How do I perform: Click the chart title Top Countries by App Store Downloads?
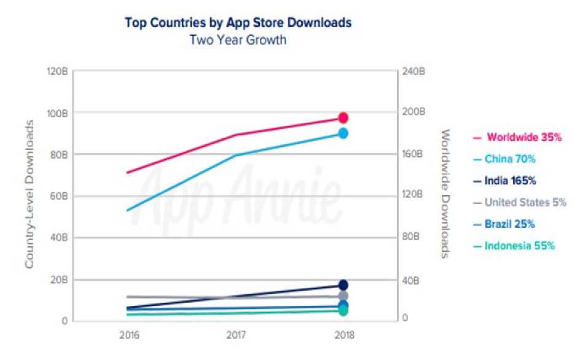238,23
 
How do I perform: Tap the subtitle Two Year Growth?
238,41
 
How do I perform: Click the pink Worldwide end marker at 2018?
343,118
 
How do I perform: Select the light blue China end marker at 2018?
343,133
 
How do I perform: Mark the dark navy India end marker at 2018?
343,284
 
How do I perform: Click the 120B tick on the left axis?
57,71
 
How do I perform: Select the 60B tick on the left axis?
58,196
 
